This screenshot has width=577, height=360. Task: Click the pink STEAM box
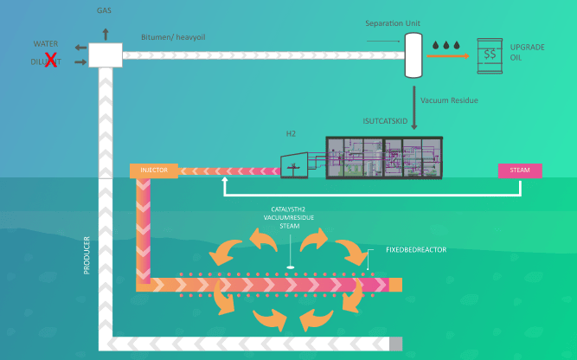[x=520, y=170]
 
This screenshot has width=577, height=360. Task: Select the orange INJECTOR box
[x=154, y=170]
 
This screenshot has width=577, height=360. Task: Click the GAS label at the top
[x=106, y=10]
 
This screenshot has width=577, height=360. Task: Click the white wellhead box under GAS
[x=106, y=55]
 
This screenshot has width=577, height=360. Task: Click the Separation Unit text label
[x=394, y=22]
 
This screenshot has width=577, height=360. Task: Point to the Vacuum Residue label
[x=448, y=100]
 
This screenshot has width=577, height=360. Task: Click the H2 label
[x=291, y=134]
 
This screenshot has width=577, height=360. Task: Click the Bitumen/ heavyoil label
[x=176, y=37]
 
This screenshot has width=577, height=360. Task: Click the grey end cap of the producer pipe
[x=396, y=344]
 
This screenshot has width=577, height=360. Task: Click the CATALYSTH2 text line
[x=290, y=210]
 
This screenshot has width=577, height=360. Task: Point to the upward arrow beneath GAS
[x=106, y=33]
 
